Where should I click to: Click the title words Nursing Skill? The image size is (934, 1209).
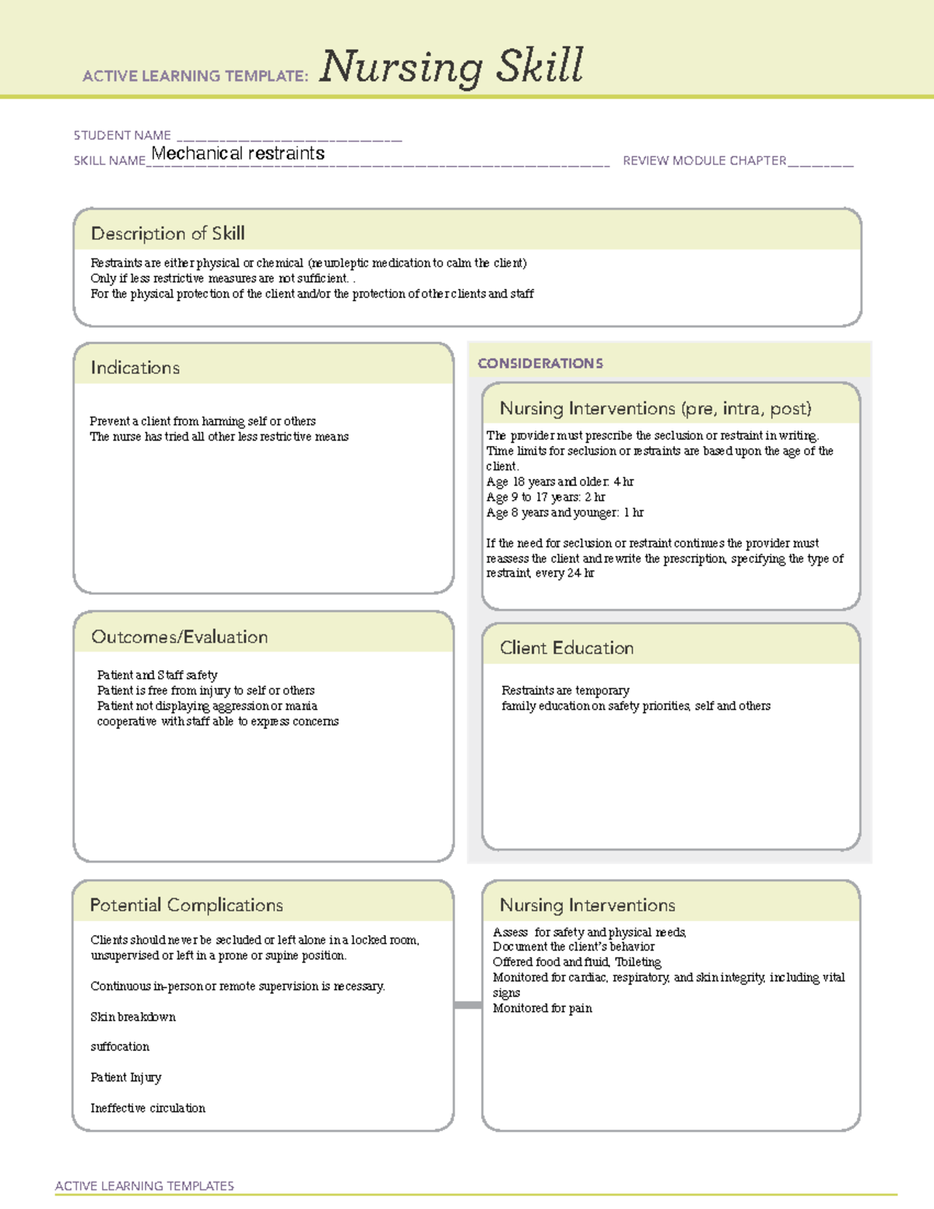pos(451,66)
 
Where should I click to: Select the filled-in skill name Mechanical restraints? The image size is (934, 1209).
pos(238,153)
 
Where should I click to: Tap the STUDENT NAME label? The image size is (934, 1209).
pos(122,135)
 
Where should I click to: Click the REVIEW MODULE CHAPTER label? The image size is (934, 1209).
pos(704,161)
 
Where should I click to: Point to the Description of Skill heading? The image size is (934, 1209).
pos(167,234)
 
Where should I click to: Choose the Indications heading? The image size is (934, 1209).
pos(135,367)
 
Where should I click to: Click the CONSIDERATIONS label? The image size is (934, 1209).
pos(540,364)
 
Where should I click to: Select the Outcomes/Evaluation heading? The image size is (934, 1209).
pos(179,637)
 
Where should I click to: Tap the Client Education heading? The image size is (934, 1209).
pos(567,648)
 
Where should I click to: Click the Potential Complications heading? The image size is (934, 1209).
pos(186,905)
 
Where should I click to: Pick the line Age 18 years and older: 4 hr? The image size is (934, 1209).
pos(560,482)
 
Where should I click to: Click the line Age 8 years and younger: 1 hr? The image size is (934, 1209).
pos(564,512)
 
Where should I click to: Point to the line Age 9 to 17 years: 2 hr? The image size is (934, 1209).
pos(545,497)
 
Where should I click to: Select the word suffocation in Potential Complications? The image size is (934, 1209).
pos(120,1047)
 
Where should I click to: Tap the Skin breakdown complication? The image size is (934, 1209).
pos(133,1017)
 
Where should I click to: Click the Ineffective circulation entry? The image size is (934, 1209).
pos(148,1108)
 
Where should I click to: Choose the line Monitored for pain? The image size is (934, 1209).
pos(542,1008)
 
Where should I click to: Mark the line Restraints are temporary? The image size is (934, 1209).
pos(565,691)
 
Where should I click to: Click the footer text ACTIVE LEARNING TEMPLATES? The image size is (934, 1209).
pos(145,1186)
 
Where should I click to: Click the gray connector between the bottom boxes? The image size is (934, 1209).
pos(468,1005)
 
